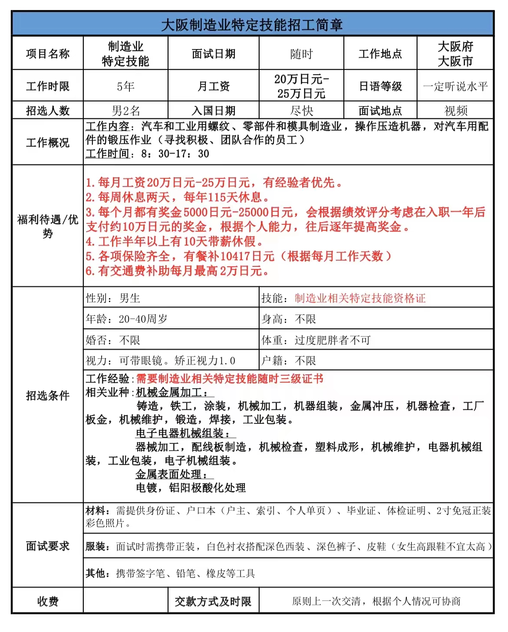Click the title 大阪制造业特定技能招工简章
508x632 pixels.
[x=252, y=25]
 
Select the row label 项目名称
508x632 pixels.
[x=48, y=54]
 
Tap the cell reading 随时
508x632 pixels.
[x=301, y=54]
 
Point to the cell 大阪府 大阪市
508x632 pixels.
[x=455, y=54]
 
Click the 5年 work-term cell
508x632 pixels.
[x=125, y=86]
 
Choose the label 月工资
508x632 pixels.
[x=213, y=86]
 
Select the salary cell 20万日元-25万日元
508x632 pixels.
[x=301, y=86]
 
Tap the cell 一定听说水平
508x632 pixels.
[x=455, y=86]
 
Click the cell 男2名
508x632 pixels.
[x=125, y=111]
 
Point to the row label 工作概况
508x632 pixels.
[x=48, y=143]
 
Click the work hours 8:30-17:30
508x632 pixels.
[x=175, y=154]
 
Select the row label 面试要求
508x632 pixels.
[x=48, y=546]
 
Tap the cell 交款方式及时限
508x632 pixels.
[x=213, y=602]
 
